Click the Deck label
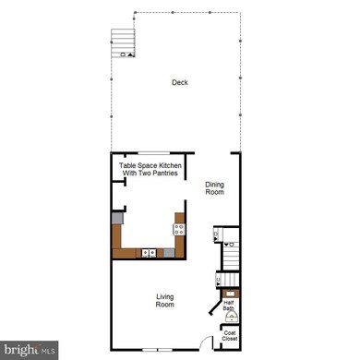pyautogui.click(x=180, y=83)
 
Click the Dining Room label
pyautogui.click(x=214, y=187)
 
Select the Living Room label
pyautogui.click(x=165, y=300)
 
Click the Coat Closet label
pyautogui.click(x=229, y=336)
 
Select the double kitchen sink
pyautogui.click(x=149, y=252)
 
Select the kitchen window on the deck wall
pyautogui.click(x=148, y=153)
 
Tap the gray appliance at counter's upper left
pyautogui.click(x=117, y=219)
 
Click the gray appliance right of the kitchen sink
pyautogui.click(x=170, y=252)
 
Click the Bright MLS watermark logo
pyautogui.click(x=29, y=350)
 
